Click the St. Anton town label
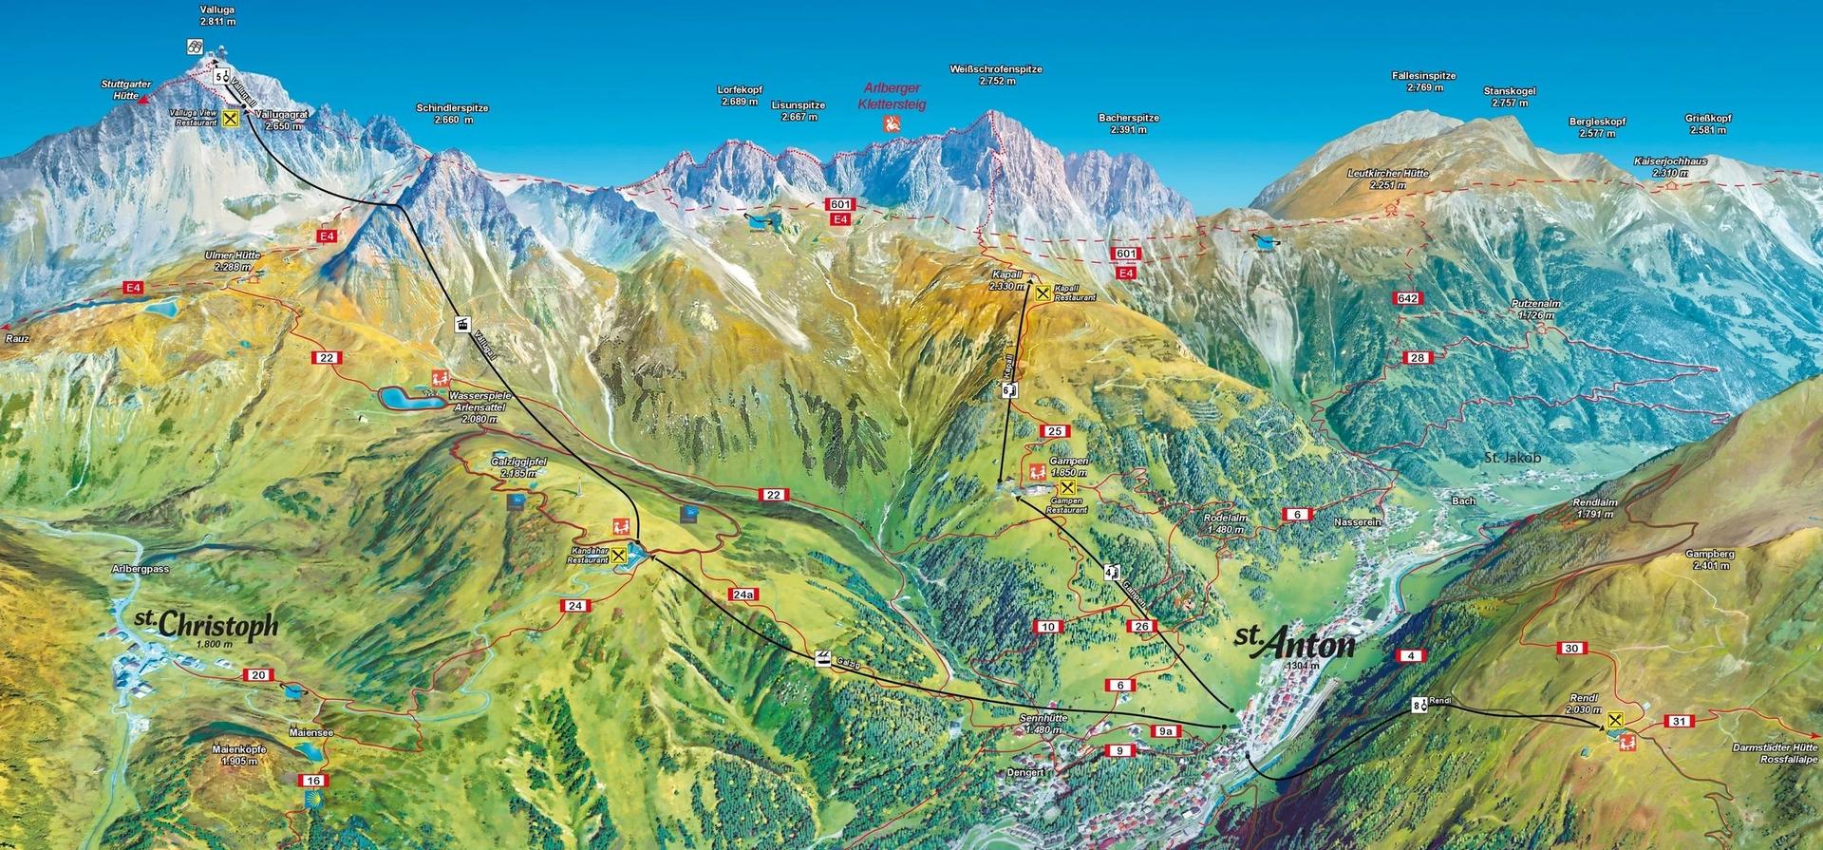pyautogui.click(x=1292, y=644)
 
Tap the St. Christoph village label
pyautogui.click(x=206, y=624)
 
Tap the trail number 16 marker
pyautogui.click(x=311, y=781)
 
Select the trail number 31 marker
pyautogui.click(x=1680, y=722)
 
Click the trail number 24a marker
pyautogui.click(x=743, y=595)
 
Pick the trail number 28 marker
pyautogui.click(x=1418, y=357)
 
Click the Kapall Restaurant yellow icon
pyautogui.click(x=1043, y=293)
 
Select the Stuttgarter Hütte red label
pyautogui.click(x=120, y=90)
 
